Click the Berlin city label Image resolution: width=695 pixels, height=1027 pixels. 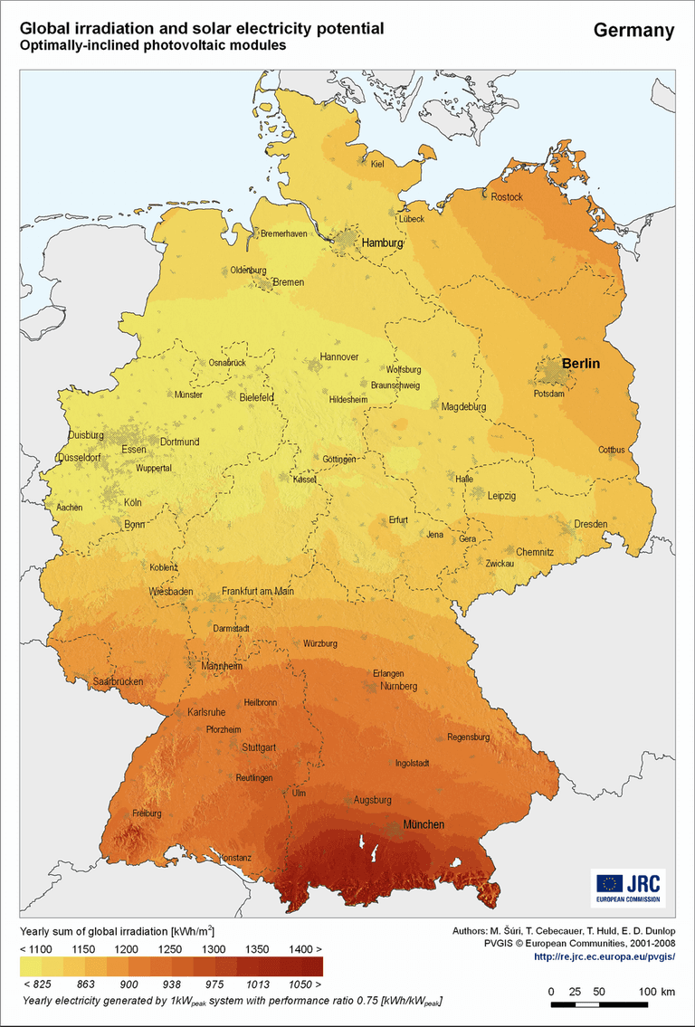pos(581,363)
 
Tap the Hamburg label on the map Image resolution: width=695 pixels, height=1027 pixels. pos(382,243)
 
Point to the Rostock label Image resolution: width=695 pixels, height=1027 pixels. pos(507,196)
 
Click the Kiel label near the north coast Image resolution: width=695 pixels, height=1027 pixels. pos(377,164)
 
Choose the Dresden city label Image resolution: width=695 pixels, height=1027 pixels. pos(590,524)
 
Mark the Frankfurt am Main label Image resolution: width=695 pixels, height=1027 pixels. pos(258,591)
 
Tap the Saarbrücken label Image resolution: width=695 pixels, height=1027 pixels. pos(119,681)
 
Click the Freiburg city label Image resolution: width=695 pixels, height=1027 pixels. pos(147,813)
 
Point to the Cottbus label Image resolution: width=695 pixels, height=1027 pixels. pos(611,450)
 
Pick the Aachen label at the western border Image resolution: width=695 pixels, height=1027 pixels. pos(70,508)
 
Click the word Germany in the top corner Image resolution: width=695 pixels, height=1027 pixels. pos(633,31)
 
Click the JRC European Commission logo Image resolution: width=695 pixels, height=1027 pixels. pos(628,888)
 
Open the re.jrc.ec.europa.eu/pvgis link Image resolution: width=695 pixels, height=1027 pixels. pos(604,956)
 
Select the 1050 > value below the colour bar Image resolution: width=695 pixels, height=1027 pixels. pos(305,983)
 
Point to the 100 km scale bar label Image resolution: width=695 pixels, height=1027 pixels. pos(656,993)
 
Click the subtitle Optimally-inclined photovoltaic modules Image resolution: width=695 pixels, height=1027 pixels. pos(153,45)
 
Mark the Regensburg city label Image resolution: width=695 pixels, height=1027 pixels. pos(468,737)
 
